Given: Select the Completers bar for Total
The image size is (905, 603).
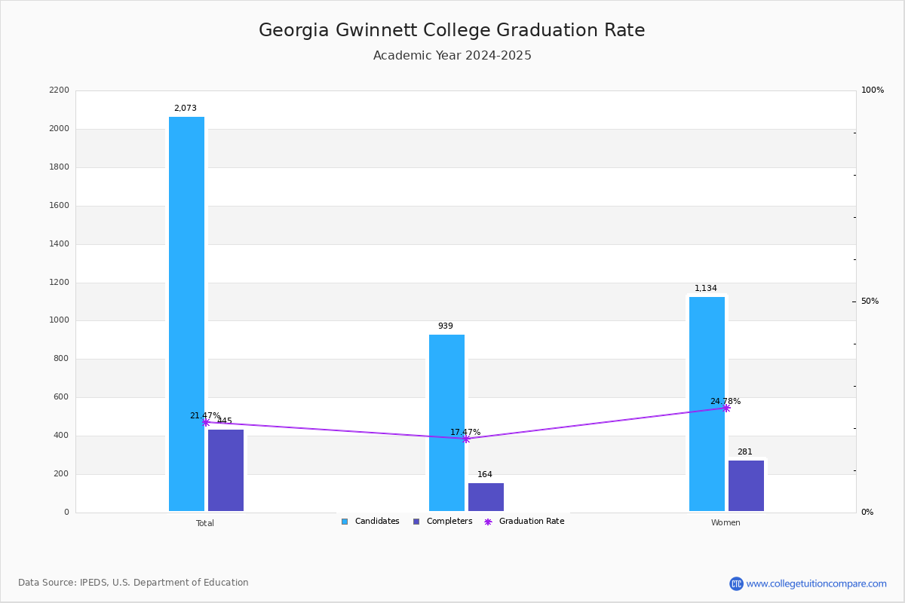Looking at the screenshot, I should click(x=225, y=470).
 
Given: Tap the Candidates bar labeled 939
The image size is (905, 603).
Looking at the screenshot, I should click(x=446, y=423).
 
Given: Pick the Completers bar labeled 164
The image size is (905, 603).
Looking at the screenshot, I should click(x=486, y=497).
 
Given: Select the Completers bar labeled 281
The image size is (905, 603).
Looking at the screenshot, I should click(x=746, y=486).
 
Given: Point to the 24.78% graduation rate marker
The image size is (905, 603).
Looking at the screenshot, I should click(x=726, y=408).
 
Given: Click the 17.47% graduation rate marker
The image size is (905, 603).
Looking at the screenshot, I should click(x=466, y=439).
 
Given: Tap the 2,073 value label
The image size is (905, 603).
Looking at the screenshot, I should click(x=186, y=109).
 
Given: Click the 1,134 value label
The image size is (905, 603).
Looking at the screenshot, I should click(x=706, y=289).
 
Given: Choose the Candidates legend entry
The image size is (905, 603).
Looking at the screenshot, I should click(x=370, y=522).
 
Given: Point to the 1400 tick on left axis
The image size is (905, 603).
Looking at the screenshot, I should click(x=61, y=244).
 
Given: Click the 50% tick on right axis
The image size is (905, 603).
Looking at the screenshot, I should click(x=870, y=301).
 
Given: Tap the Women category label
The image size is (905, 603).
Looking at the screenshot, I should click(x=726, y=523).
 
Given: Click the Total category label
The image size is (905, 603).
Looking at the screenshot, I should click(x=205, y=523).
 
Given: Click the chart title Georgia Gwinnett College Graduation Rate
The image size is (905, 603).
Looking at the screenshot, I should click(x=452, y=31).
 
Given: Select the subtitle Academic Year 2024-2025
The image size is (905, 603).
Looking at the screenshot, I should click(x=452, y=56).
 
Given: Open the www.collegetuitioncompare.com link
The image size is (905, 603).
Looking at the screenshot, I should click(x=816, y=583).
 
